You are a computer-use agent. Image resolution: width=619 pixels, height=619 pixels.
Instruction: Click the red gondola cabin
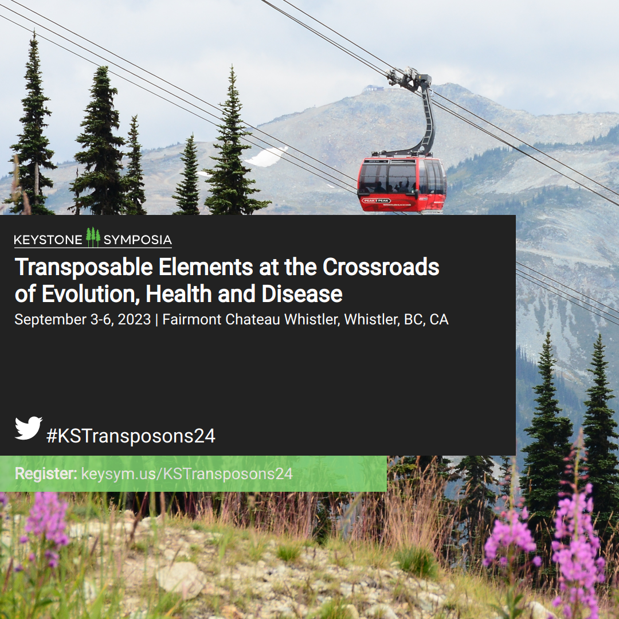coord(402,185)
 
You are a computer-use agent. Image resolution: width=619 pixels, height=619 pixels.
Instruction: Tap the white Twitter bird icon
coord(29,428)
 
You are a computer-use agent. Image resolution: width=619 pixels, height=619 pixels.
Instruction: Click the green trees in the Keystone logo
coord(93,237)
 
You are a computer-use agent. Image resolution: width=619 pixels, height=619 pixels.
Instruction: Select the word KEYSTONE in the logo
coord(48,240)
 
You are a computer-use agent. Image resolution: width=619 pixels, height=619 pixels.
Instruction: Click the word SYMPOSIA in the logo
coord(138,240)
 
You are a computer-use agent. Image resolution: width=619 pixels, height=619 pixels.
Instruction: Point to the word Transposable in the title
coord(84,268)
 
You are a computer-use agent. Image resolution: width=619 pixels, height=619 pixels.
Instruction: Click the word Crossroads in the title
coord(381,267)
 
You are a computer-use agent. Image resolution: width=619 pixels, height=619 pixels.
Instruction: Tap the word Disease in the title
coord(302,294)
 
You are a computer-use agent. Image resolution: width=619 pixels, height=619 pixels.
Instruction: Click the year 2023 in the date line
coord(134,319)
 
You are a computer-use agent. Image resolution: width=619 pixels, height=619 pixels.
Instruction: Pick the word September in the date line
coord(50,320)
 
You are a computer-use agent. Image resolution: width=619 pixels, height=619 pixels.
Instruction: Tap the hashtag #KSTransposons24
coord(131,436)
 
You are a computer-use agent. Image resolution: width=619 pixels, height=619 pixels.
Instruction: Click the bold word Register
coord(46,474)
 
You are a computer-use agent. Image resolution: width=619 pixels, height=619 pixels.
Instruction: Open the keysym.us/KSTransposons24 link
coord(187,474)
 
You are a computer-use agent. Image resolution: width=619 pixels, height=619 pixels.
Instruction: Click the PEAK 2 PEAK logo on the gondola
coord(377,201)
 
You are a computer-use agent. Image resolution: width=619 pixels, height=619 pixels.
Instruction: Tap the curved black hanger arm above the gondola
coord(427,119)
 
